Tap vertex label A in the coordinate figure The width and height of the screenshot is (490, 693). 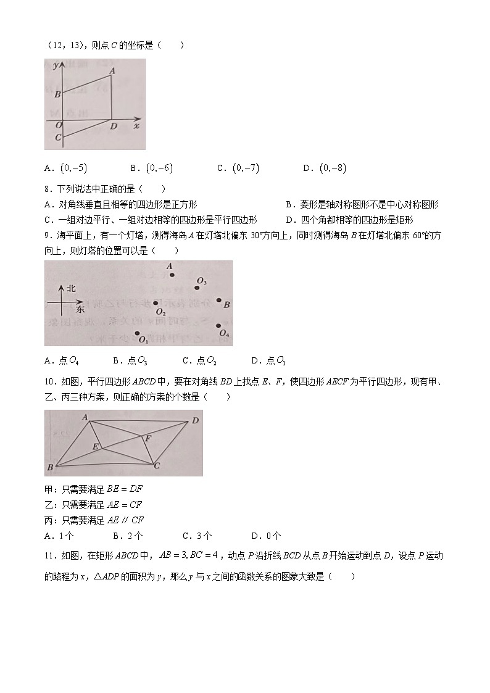point(112,70)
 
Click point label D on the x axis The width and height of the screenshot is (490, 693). point(114,127)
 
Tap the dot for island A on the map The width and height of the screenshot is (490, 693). point(172,275)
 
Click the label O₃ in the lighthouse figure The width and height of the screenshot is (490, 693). point(201,282)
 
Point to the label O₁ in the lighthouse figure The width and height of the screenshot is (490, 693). point(143,339)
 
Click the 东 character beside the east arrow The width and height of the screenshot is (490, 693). point(80,307)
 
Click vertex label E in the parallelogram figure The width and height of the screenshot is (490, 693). point(96,446)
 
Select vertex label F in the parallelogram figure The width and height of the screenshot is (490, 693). point(147,438)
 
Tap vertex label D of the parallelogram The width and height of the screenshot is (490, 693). point(194,420)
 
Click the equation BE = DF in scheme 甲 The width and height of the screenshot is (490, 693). point(125,489)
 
